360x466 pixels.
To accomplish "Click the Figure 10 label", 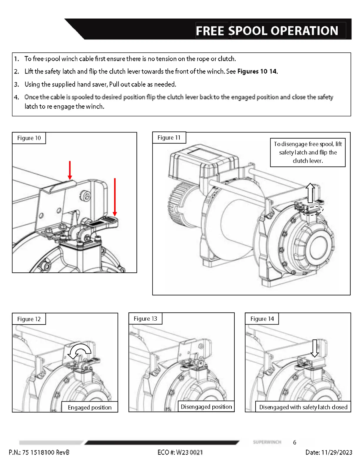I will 29,138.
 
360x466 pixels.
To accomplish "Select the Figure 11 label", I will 169,138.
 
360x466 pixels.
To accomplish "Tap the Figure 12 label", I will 29,319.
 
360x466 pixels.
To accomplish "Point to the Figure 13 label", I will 145,319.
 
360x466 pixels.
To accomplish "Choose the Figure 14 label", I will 262,319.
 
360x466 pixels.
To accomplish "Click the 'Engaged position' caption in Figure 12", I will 89,407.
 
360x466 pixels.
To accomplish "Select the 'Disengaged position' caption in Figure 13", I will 206,407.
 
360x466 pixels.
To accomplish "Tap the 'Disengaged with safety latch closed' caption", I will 303,407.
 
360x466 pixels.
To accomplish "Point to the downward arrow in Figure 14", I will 315,348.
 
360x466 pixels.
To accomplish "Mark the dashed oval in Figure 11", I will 313,210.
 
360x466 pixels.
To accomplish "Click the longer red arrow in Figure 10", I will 115,197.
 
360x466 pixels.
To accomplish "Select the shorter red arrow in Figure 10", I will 70,170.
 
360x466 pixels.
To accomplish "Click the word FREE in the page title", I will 211,31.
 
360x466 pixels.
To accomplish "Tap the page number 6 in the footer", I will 294,442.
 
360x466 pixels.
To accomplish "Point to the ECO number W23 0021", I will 189,452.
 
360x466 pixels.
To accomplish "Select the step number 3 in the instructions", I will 16,84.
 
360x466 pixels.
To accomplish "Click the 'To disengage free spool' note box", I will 308,152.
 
